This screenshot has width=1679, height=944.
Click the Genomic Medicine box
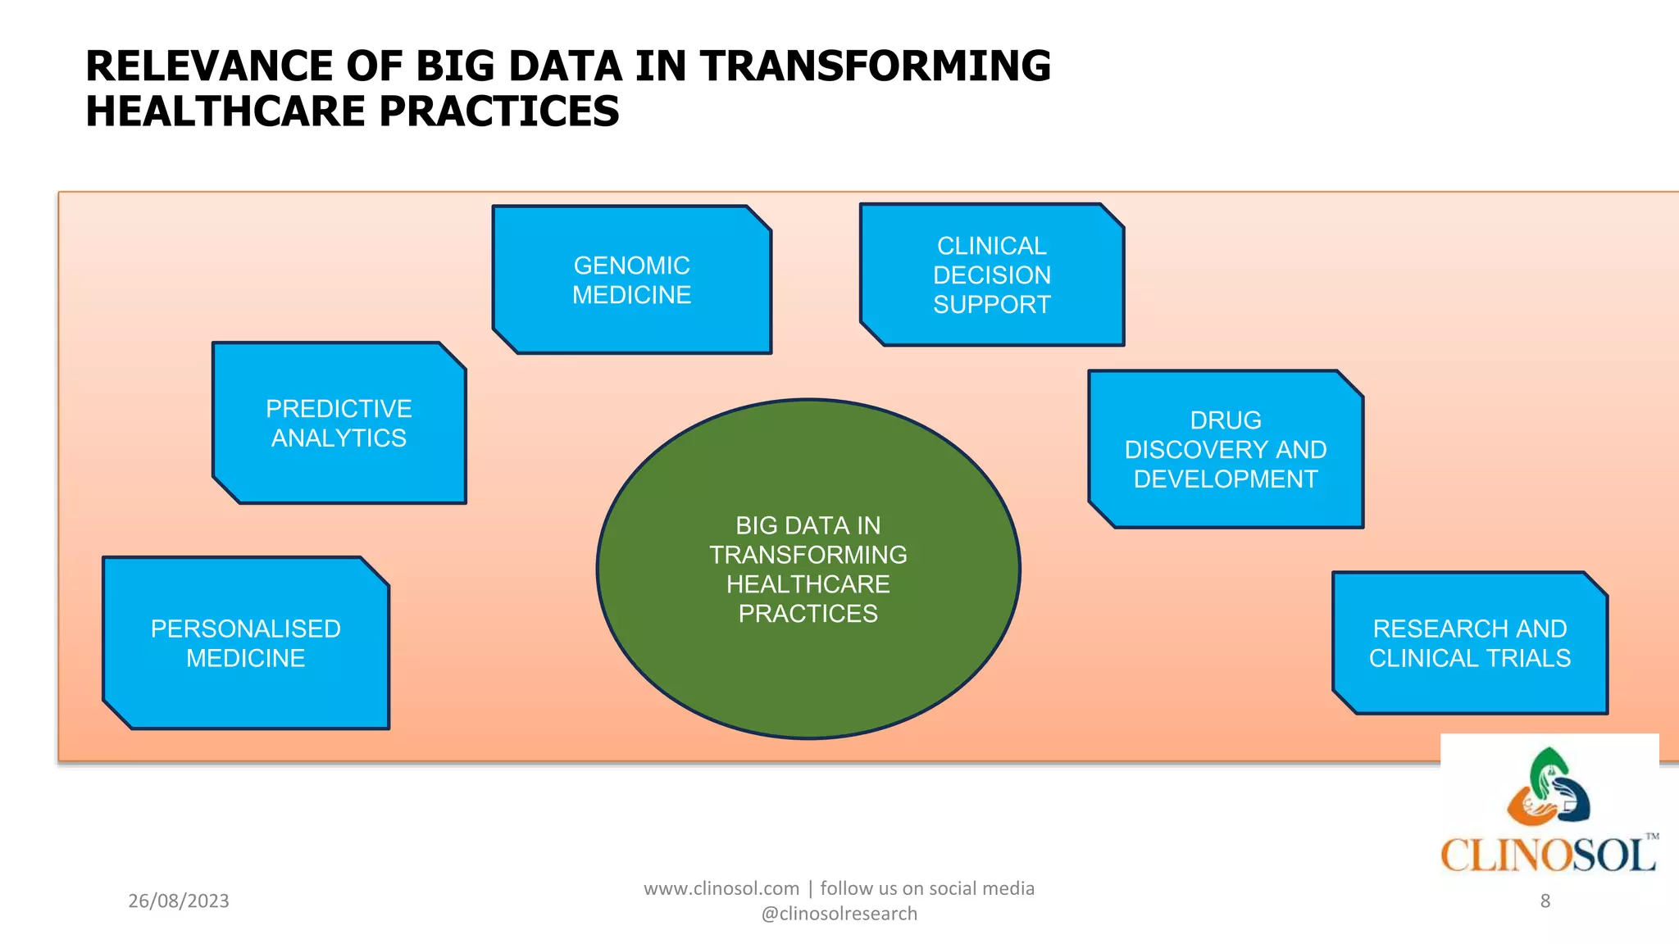[x=631, y=280]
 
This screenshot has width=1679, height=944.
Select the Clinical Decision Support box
[x=991, y=275]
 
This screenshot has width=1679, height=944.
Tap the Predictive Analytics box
[x=339, y=424]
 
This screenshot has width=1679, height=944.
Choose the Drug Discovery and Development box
[x=1225, y=450]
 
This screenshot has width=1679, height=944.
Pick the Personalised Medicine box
[x=245, y=643]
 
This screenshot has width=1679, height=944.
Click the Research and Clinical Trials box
[x=1469, y=643]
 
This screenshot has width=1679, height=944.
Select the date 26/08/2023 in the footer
[x=179, y=901]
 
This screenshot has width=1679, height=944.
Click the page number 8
[x=1545, y=901]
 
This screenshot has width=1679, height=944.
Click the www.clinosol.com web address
[x=721, y=888]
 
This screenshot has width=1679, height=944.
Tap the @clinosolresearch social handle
[x=839, y=914]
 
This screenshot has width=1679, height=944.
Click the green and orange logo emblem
[x=1548, y=787]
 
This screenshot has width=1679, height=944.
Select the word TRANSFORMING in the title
[x=875, y=66]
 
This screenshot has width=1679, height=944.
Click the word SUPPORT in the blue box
[x=991, y=305]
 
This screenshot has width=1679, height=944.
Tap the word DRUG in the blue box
[x=1225, y=420]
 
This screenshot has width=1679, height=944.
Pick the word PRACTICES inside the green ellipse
[x=808, y=614]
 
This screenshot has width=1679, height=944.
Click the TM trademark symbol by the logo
[x=1652, y=837]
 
